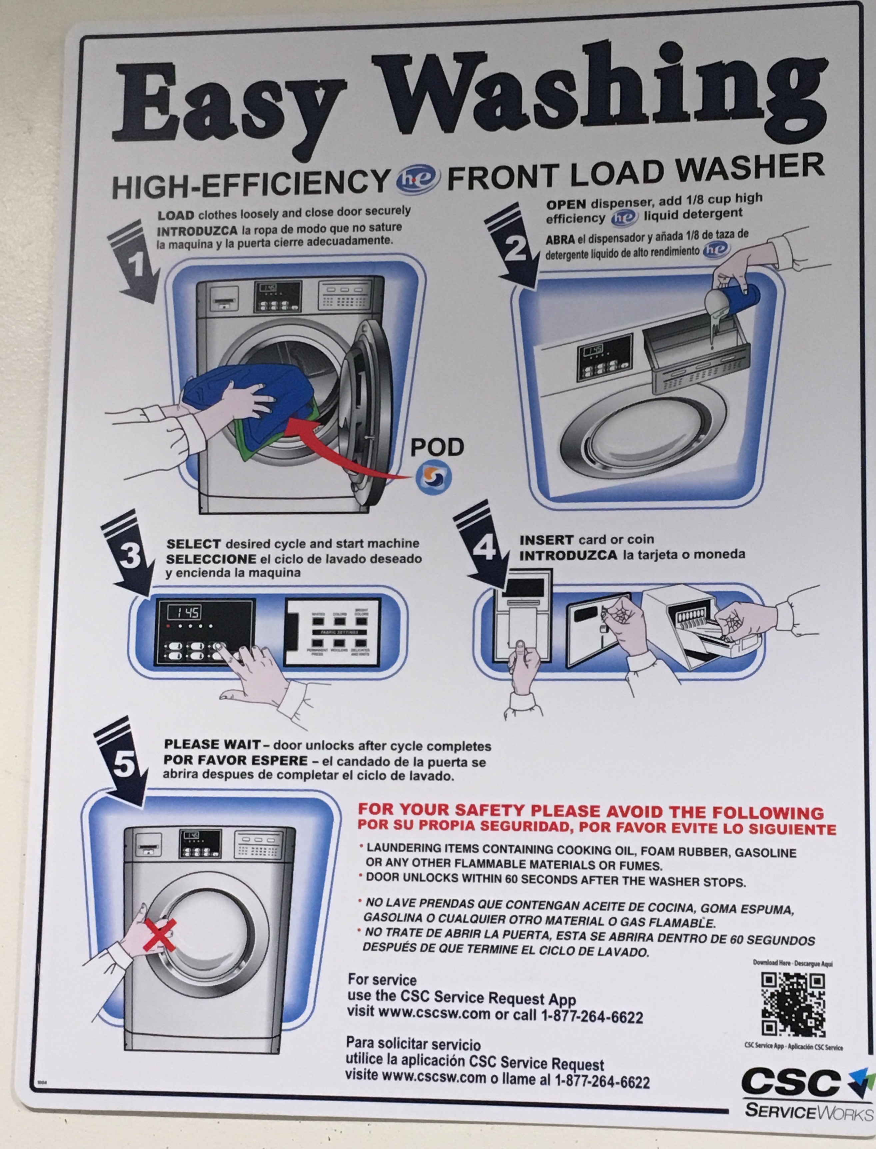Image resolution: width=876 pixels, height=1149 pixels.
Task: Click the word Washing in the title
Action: [x=600, y=97]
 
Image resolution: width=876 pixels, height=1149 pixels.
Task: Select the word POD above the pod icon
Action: [x=437, y=447]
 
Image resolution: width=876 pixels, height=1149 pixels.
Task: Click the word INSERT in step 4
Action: [x=545, y=540]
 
